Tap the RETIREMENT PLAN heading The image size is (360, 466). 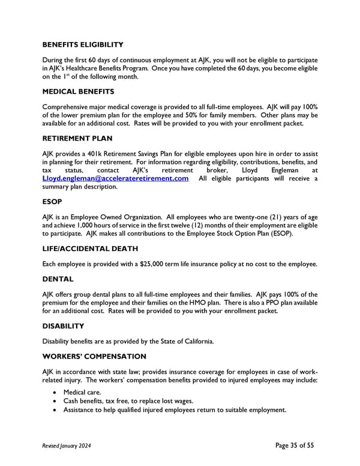(x=77, y=138)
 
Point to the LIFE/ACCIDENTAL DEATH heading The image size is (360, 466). (x=91, y=248)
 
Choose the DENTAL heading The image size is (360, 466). (x=58, y=279)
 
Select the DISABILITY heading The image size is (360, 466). (x=63, y=326)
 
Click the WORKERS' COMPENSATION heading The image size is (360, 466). (x=94, y=356)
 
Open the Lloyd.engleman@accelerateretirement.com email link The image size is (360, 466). (x=115, y=178)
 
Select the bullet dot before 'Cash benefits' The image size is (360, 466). (x=56, y=402)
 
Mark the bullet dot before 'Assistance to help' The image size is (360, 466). (x=56, y=410)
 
